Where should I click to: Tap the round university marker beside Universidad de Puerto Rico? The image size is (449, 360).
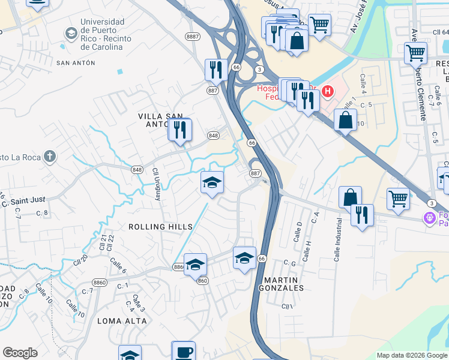pyautogui.click(x=71, y=31)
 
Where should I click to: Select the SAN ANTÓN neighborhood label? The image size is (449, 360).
pyautogui.click(x=76, y=62)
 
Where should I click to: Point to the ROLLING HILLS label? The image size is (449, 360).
pyautogui.click(x=161, y=227)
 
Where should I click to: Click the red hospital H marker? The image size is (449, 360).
pyautogui.click(x=327, y=91)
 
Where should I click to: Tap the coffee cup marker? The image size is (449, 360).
pyautogui.click(x=184, y=352)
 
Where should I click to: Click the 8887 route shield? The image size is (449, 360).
pyautogui.click(x=193, y=37)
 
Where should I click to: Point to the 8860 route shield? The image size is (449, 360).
pyautogui.click(x=100, y=282)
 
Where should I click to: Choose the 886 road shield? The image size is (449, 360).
pyautogui.click(x=179, y=266)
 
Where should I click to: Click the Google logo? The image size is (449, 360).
pyautogui.click(x=20, y=353)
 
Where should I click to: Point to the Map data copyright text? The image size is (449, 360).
pyautogui.click(x=411, y=355)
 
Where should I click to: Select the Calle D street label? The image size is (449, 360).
pyautogui.click(x=297, y=231)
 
